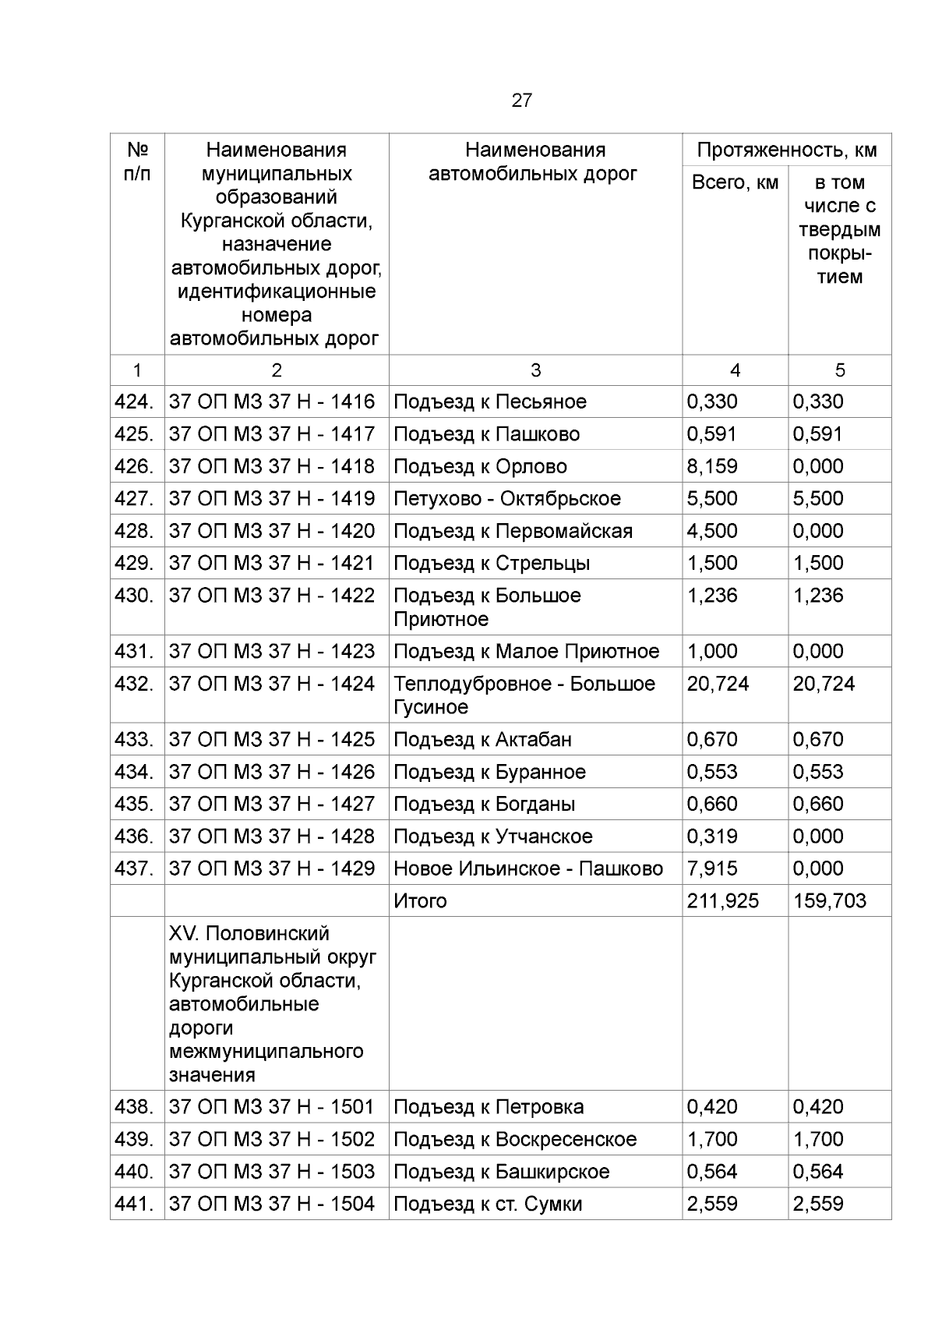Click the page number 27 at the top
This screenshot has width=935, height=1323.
click(x=521, y=100)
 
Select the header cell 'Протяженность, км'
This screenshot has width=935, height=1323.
click(x=787, y=150)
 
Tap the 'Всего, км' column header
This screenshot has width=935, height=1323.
click(x=735, y=182)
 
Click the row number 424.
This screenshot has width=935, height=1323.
click(x=133, y=401)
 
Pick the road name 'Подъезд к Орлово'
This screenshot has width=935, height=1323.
click(x=480, y=466)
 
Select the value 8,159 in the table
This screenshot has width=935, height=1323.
click(x=711, y=466)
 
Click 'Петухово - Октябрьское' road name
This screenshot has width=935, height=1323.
click(x=507, y=498)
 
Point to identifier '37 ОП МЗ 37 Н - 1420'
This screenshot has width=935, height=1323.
click(x=272, y=531)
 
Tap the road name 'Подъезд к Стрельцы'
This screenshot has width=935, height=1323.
click(x=492, y=563)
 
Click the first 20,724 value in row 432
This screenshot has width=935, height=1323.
click(x=718, y=684)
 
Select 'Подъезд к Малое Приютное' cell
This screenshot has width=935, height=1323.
click(x=526, y=651)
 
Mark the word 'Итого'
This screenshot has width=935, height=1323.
click(x=420, y=900)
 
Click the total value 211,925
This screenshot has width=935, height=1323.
click(x=722, y=900)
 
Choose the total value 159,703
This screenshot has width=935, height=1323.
click(x=829, y=900)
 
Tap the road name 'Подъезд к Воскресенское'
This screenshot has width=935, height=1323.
click(x=515, y=1139)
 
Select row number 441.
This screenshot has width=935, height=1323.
click(x=133, y=1204)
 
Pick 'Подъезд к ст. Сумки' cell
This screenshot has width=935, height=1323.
click(x=488, y=1204)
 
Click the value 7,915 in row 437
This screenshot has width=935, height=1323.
click(x=711, y=868)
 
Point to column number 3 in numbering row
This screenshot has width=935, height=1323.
click(x=535, y=370)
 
